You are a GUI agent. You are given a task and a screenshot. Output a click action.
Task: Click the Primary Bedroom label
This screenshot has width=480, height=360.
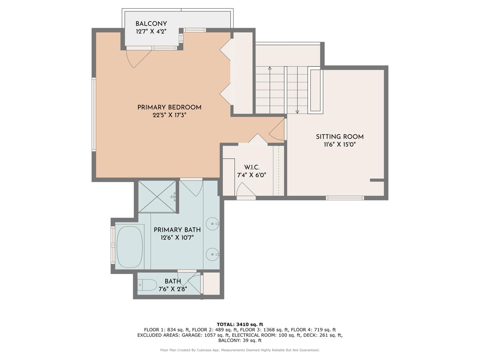[169, 107]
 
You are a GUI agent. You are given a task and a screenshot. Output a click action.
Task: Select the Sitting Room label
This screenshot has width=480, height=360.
[340, 137]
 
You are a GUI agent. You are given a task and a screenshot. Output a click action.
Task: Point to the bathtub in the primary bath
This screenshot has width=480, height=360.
[130, 247]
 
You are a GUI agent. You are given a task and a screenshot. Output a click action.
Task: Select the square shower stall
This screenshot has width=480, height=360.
[157, 196]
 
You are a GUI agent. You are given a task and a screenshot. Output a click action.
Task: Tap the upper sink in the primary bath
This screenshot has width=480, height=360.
[212, 224]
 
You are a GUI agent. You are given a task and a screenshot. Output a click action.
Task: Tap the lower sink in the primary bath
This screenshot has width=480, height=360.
[212, 254]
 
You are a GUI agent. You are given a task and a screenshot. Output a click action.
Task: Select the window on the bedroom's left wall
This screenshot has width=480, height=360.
[94, 114]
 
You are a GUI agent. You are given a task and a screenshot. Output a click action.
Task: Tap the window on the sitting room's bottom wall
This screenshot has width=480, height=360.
[345, 198]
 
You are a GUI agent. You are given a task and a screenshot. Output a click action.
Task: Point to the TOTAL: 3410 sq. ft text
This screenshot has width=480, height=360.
[240, 324]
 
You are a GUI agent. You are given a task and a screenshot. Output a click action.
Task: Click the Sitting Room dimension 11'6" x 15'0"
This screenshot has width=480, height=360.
[340, 144]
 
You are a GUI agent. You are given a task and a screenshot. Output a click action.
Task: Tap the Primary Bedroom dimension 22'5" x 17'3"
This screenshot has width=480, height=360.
[169, 115]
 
